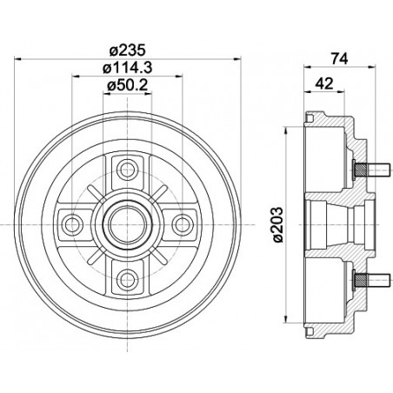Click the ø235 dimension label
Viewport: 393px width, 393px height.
coord(127,50)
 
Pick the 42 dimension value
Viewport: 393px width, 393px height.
coord(323,84)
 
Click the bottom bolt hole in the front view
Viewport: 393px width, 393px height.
coord(127,278)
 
